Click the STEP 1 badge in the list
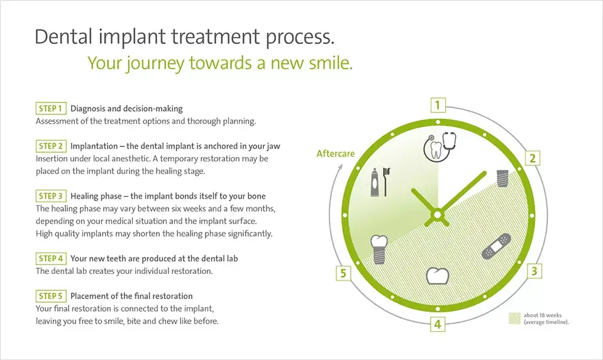click(51, 109)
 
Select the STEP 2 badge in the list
click(51, 146)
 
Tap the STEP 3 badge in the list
click(51, 195)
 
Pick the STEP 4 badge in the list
click(51, 258)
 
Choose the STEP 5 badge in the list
click(51, 296)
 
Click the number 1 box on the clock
click(438, 105)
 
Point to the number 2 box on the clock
click(532, 158)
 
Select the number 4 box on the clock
click(438, 325)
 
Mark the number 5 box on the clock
click(343, 273)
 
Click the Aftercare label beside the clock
click(335, 153)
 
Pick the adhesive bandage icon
click(496, 246)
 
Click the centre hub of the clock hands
click(437, 215)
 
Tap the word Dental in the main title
click(64, 36)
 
